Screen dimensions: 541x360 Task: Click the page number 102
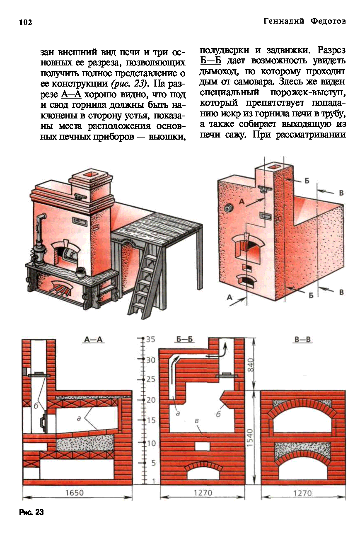[x=25, y=22]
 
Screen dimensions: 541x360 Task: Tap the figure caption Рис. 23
[x=31, y=512]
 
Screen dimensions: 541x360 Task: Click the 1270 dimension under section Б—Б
[x=203, y=493]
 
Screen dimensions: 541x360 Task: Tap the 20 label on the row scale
[x=150, y=400]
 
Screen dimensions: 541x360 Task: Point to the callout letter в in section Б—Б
[x=197, y=420]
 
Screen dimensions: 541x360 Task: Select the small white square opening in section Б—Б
[x=202, y=447]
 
